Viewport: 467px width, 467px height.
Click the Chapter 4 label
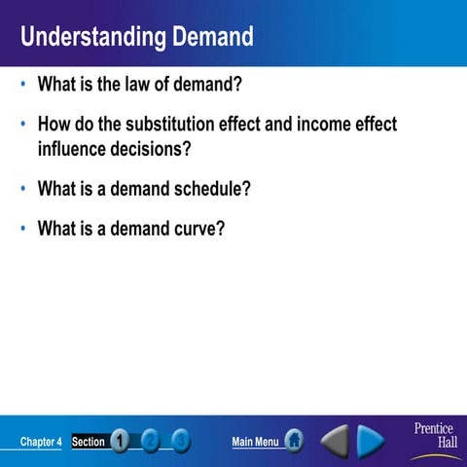pos(41,442)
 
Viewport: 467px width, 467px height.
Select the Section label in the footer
pos(89,442)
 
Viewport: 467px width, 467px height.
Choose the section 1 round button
pos(120,442)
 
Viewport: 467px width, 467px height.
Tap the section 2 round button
pos(151,442)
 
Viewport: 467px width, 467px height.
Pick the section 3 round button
pos(181,442)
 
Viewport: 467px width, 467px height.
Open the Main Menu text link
pos(255,442)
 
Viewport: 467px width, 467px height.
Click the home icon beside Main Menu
pos(293,442)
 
